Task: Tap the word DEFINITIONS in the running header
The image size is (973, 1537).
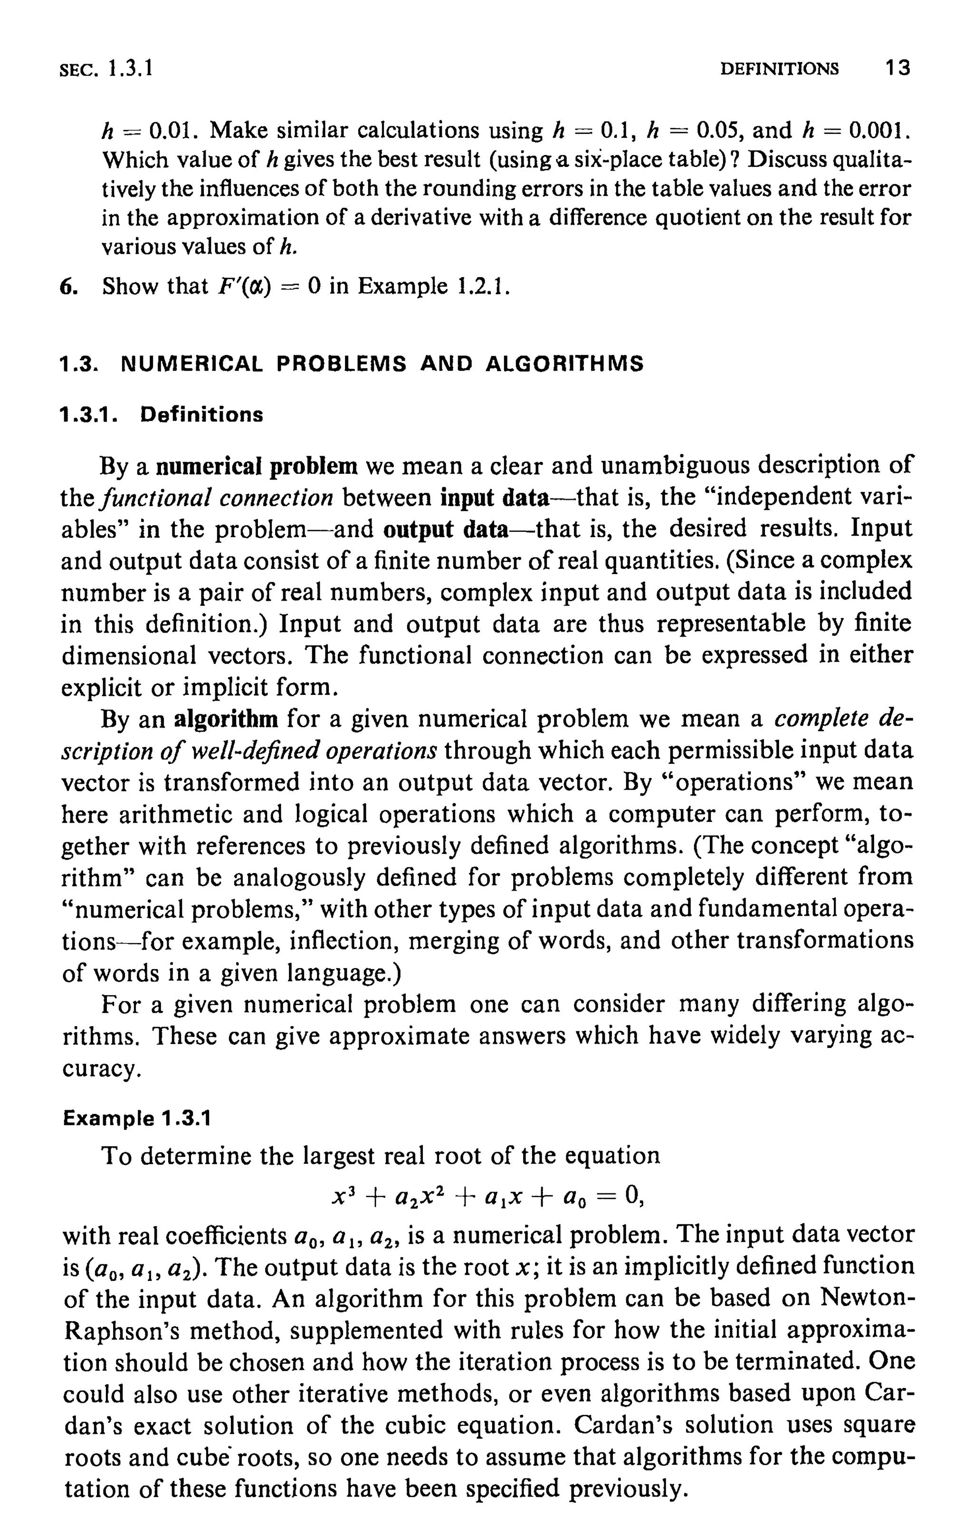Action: [779, 68]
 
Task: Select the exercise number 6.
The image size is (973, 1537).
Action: [67, 286]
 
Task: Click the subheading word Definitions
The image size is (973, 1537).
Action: [201, 415]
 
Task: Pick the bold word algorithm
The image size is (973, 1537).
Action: [226, 720]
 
